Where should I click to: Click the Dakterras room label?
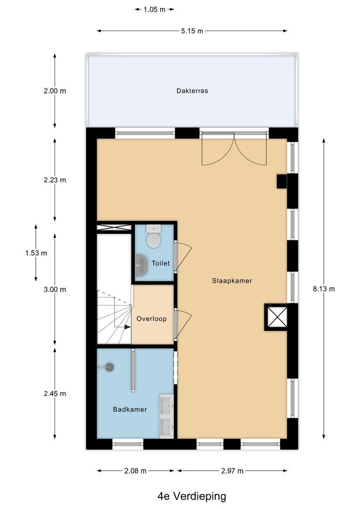coord(192,91)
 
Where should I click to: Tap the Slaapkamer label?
coord(232,280)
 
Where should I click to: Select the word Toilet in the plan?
coord(160,263)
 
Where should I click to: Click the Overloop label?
coord(151,319)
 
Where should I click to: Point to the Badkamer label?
coord(130,410)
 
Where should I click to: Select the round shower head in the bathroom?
coord(110,367)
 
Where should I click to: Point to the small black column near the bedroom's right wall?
coord(281,181)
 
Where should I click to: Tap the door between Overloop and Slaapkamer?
coord(182,323)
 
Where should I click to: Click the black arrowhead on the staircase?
coord(128,326)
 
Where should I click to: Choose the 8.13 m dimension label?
coord(324,289)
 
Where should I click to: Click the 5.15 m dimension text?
coord(192,31)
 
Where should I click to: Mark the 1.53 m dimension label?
coord(36,253)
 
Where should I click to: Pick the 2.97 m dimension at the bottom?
coord(232,470)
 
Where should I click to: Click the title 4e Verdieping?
coord(192,496)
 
